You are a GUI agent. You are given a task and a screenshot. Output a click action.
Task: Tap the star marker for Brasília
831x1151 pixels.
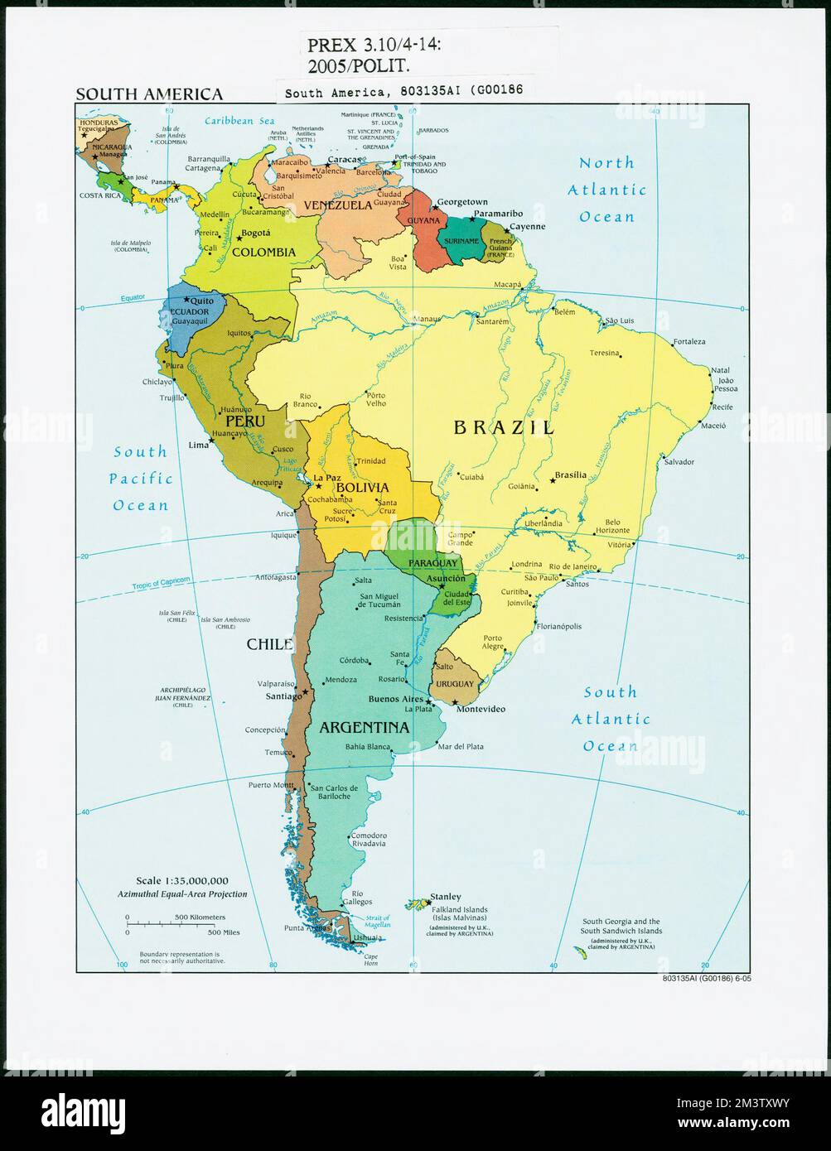552,480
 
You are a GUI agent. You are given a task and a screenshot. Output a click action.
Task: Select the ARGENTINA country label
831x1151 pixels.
364,728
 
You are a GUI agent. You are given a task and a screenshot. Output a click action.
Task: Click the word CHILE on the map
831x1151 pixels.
268,643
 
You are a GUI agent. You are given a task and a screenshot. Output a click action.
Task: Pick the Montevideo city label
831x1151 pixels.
481,710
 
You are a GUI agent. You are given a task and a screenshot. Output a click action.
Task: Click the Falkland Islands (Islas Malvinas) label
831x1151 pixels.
460,914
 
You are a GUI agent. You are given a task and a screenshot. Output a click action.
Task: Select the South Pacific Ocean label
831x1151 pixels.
140,479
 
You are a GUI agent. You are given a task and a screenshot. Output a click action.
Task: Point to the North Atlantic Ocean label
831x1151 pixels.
606,190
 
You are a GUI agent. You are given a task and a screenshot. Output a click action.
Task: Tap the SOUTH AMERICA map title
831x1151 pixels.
149,94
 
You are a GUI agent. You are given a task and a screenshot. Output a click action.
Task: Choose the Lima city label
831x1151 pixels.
199,445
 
